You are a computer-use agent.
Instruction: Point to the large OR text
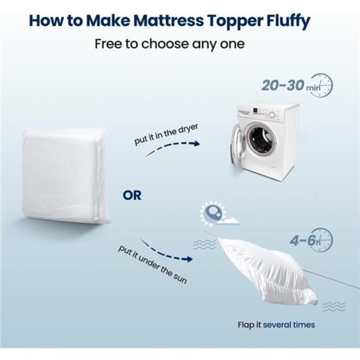pyautogui.click(x=132, y=196)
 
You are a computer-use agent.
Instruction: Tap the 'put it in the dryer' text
pyautogui.click(x=165, y=132)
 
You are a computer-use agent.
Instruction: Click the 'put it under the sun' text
pyautogui.click(x=151, y=264)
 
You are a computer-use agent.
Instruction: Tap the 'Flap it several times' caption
pyautogui.click(x=276, y=325)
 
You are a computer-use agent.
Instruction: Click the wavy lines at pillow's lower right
pyautogui.click(x=333, y=305)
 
